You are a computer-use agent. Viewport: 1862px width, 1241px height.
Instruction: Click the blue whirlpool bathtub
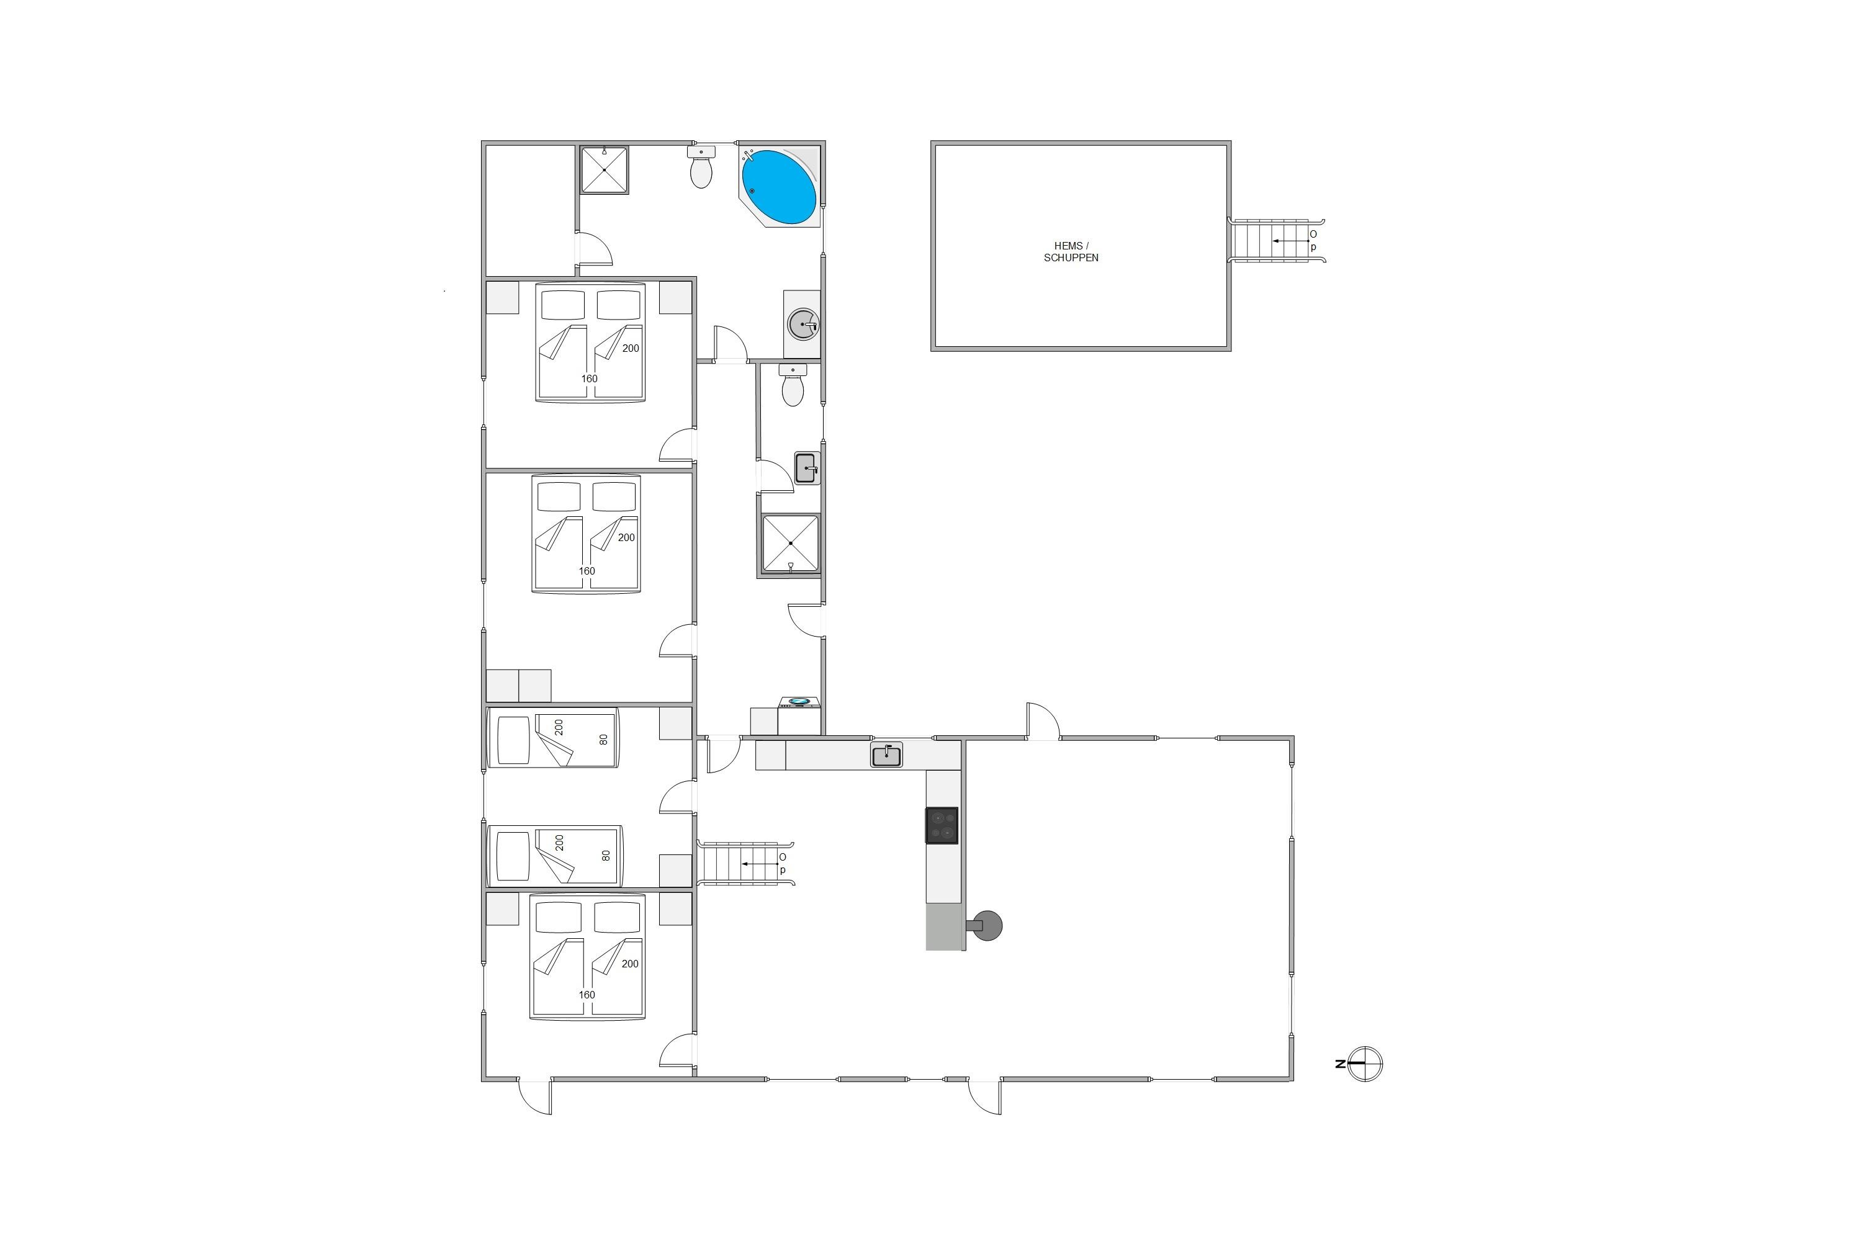778,187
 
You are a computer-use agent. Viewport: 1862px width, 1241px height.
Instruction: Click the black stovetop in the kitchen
942,825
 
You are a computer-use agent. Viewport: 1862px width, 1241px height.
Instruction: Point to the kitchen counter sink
887,755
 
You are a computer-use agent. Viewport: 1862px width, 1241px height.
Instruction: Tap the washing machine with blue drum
799,715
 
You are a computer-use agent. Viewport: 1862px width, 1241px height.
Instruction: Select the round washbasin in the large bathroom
803,325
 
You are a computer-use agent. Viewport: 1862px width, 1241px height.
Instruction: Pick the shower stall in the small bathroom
790,543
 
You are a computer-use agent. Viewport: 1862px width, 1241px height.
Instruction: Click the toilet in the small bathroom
793,385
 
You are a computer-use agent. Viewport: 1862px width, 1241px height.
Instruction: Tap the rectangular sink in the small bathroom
807,468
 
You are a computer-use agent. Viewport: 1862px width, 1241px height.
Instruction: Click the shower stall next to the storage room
604,169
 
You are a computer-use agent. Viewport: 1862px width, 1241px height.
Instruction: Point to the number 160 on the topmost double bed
589,379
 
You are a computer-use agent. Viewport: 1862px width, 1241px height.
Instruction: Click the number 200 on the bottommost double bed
630,963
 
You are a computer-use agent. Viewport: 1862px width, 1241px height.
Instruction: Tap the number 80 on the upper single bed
604,739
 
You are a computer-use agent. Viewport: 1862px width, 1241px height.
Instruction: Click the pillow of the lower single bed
513,856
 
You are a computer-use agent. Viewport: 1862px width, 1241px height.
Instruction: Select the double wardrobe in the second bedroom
518,686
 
